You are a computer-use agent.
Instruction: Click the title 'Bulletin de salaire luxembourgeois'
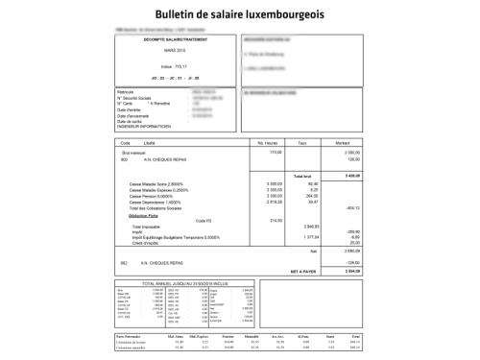pyautogui.click(x=239, y=14)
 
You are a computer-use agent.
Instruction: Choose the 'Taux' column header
pyautogui.click(x=301, y=142)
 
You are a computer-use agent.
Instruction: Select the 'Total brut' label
pyautogui.click(x=303, y=177)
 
